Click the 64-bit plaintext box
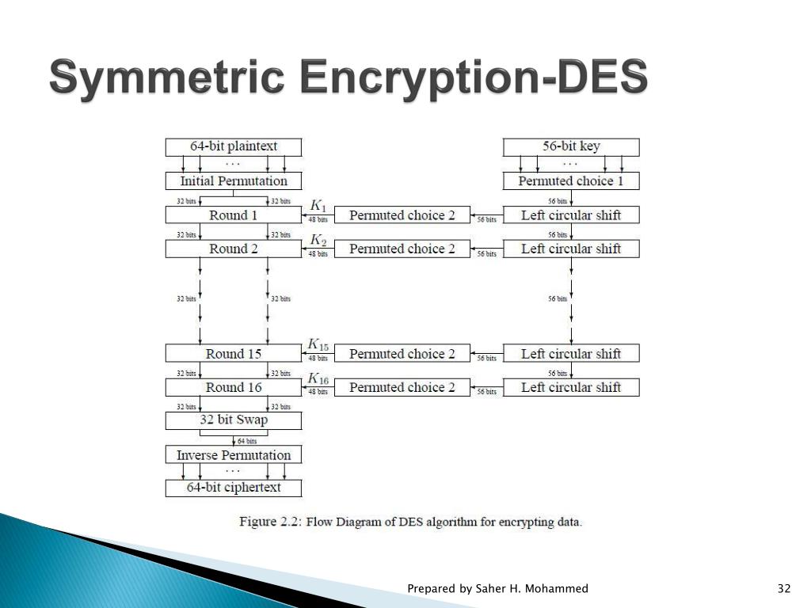[234, 146]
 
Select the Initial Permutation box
[234, 181]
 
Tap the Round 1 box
[234, 215]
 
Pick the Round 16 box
[234, 387]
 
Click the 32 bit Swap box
[234, 420]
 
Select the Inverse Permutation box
[234, 455]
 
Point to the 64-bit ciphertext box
[234, 488]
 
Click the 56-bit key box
[571, 146]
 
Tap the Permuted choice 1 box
[571, 181]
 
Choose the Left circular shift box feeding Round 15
[571, 354]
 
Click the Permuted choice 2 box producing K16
[402, 387]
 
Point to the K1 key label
[317, 205]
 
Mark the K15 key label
[318, 344]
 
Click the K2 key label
[317, 239]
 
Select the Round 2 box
[234, 249]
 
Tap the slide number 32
[784, 588]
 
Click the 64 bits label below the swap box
[247, 441]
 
